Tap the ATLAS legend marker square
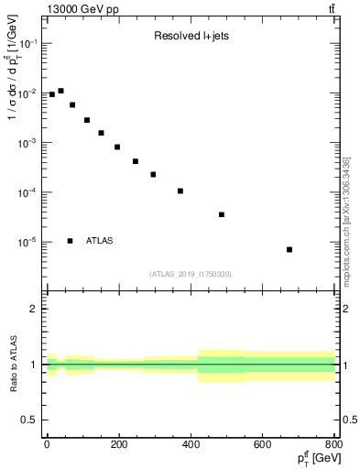[70, 241]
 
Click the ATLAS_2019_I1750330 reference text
[190, 274]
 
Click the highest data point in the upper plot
[60, 91]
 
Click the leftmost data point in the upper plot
[51, 94]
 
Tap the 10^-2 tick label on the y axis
[28, 93]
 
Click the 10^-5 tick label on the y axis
[28, 243]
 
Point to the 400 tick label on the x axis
[190, 445]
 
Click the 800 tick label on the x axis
[333, 445]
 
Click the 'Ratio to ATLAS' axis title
[12, 365]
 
